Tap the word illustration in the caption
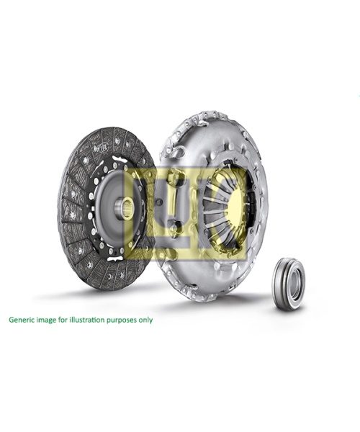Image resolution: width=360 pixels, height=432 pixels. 87,320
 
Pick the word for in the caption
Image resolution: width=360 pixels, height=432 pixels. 60,320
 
